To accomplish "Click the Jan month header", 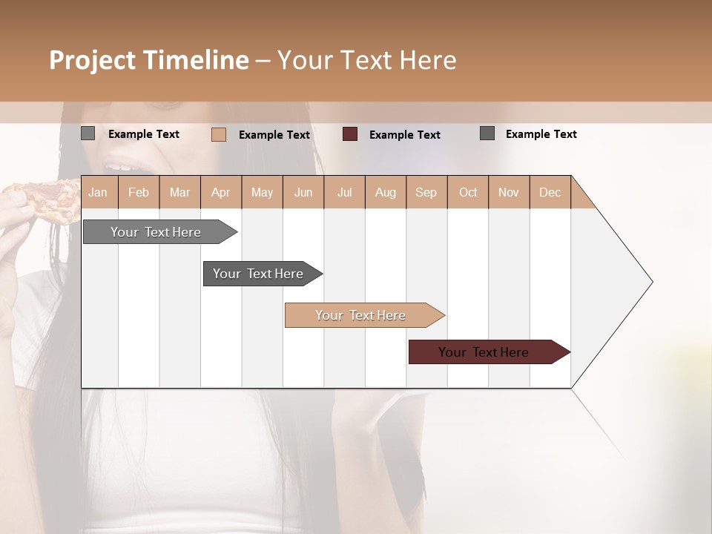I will click(x=98, y=192).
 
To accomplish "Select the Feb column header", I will click(x=139, y=192).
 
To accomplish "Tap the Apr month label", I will click(x=220, y=192).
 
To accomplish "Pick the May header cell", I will click(x=262, y=192).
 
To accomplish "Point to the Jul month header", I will click(x=344, y=192).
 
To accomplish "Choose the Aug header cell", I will click(x=385, y=192).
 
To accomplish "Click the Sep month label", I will click(x=426, y=192).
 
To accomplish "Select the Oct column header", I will click(x=468, y=192).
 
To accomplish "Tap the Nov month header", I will click(x=508, y=192).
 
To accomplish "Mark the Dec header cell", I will click(x=550, y=192).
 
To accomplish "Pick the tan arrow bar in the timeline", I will click(x=362, y=315).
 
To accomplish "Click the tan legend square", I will click(x=219, y=134).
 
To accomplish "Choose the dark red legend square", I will click(x=350, y=134).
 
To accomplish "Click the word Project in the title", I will click(x=92, y=60).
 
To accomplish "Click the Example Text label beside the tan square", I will click(x=274, y=135).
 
